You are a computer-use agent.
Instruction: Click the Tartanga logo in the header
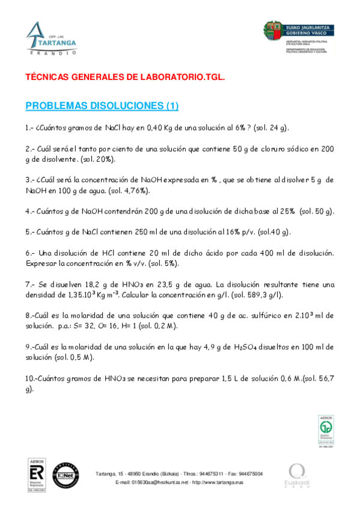tap(52, 38)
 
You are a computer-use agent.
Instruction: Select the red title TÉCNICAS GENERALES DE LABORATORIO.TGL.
tap(124, 78)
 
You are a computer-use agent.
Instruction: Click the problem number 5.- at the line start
tap(30, 232)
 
